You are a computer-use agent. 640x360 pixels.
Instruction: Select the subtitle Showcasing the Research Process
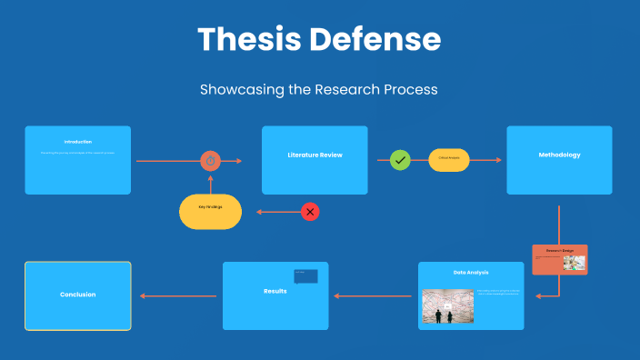[319, 90]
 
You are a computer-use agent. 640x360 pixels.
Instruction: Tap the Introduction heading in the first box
[77, 142]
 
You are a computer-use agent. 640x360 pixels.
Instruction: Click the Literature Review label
[315, 155]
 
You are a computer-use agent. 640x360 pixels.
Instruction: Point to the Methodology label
[559, 155]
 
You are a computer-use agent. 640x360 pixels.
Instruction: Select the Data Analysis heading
[471, 272]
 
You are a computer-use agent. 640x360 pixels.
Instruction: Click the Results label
[275, 291]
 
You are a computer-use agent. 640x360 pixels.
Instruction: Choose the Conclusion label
[77, 295]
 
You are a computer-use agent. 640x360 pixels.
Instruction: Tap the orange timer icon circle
[211, 161]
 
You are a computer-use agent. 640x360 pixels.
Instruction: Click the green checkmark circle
[400, 160]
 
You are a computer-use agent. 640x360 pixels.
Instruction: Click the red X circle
[310, 212]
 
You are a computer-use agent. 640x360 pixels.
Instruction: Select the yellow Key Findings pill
[210, 211]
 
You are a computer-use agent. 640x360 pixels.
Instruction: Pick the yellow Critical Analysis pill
[449, 160]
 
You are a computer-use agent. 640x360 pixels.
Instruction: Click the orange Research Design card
[559, 259]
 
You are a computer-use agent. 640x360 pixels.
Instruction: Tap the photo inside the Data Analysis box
[447, 306]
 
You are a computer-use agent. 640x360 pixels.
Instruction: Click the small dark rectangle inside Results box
[305, 275]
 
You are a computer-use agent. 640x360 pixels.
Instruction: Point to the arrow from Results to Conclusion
[177, 295]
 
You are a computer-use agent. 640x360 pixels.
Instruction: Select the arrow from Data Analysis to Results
[373, 295]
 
